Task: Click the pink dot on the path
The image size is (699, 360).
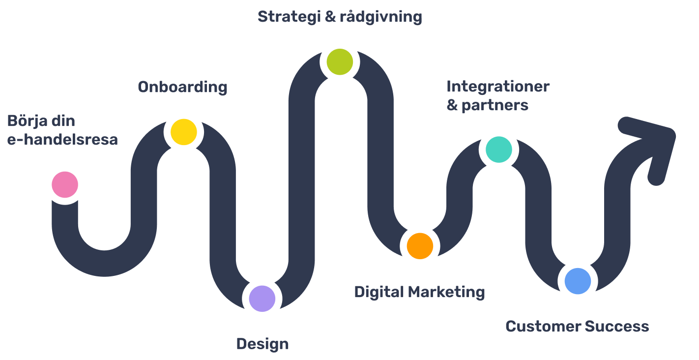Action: coord(65,185)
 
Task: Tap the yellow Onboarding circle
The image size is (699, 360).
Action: coord(183,132)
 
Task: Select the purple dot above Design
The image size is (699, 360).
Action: coord(262,299)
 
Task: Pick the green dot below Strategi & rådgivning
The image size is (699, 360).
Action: coord(340,62)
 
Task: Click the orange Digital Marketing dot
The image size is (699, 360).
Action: coord(420,246)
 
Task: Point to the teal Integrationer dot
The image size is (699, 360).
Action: coord(498,150)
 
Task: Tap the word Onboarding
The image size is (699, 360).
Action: coord(182,87)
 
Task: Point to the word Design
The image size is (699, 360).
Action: coord(262,344)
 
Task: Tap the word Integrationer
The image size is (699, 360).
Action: coord(497,87)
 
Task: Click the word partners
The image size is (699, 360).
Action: coord(495,105)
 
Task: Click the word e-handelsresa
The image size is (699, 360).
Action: coord(62,139)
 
